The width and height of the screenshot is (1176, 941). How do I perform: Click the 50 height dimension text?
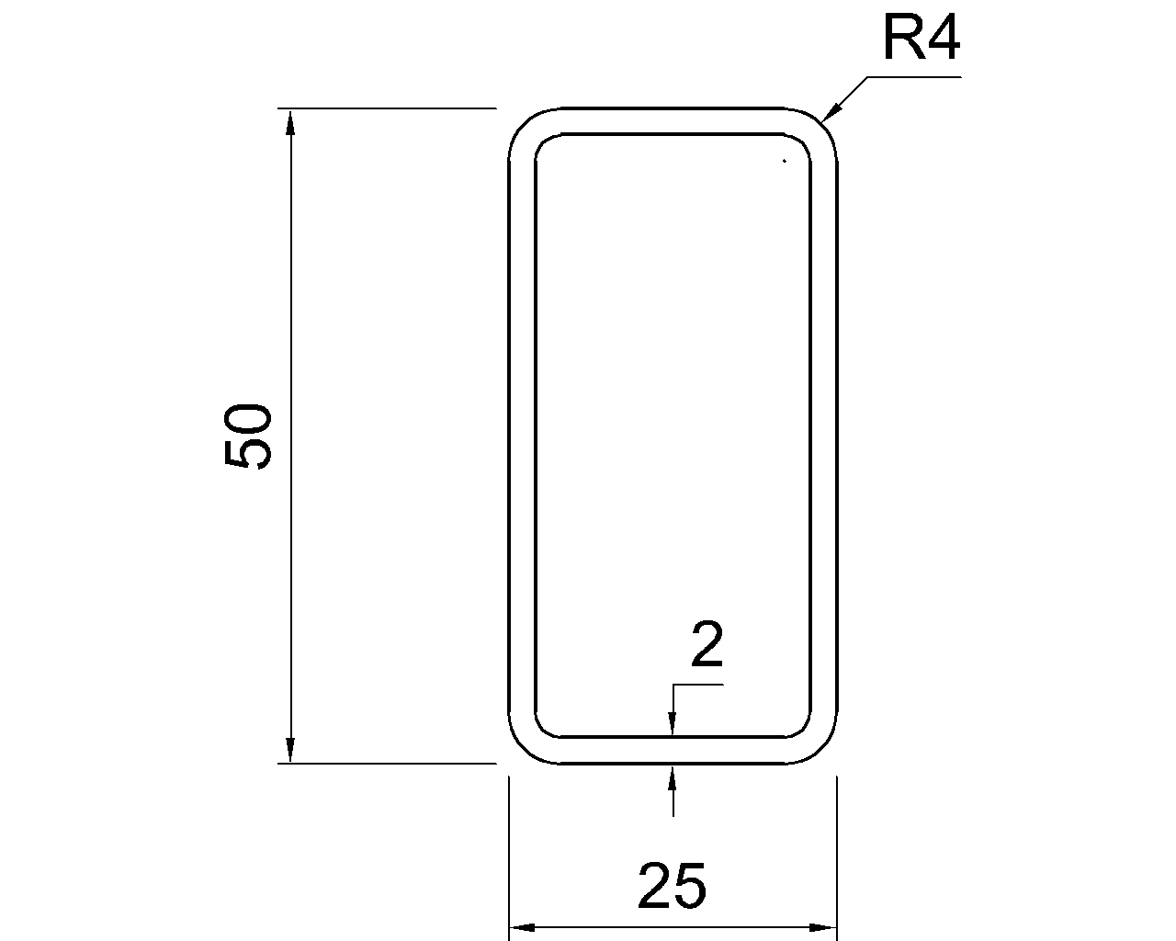pos(247,436)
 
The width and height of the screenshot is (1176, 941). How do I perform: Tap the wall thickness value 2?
pos(707,644)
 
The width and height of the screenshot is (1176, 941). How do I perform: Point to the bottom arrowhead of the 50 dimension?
pos(290,750)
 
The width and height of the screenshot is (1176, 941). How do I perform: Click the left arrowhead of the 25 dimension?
pos(522,927)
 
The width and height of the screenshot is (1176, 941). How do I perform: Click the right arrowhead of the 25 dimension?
pos(823,927)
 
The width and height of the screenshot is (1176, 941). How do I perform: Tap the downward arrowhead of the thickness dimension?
pos(673,724)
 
